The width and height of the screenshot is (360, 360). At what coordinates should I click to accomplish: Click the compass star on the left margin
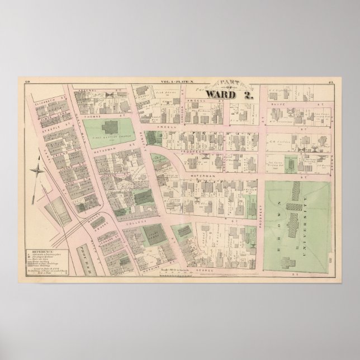(38, 172)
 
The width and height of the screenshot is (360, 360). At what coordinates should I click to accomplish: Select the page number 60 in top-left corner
(27, 82)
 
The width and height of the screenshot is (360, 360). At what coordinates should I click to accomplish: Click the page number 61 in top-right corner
(331, 82)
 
